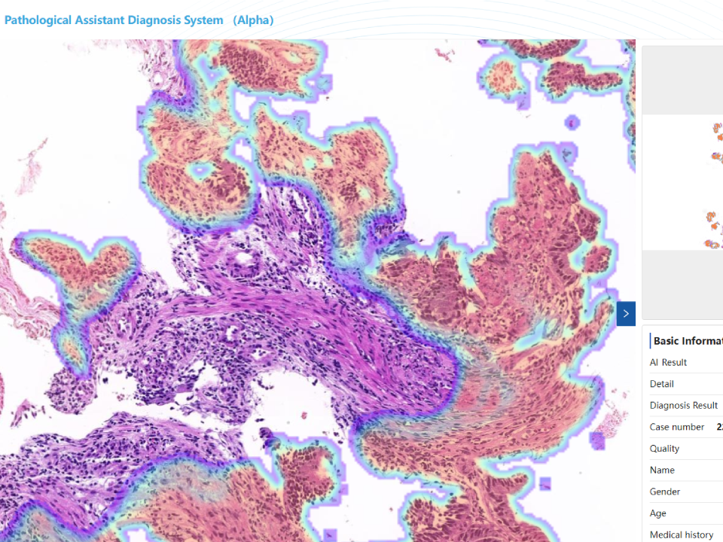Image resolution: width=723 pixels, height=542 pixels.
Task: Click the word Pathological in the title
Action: (38, 20)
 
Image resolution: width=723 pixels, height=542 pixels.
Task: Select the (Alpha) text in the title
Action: (253, 20)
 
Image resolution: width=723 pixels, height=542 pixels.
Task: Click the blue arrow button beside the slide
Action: (626, 313)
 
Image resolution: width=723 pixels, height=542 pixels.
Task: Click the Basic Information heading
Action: (688, 341)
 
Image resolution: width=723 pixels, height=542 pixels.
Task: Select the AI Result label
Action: (668, 362)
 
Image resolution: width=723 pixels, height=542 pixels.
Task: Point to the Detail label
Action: (661, 384)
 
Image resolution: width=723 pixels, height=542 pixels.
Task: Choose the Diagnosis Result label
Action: (683, 405)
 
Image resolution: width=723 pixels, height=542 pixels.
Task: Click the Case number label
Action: (677, 427)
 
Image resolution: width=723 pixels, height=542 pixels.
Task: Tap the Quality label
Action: (664, 449)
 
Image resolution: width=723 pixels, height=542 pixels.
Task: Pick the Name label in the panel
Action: (662, 470)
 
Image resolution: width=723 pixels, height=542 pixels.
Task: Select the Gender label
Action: (664, 492)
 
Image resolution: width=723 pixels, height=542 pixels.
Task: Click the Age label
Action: (658, 513)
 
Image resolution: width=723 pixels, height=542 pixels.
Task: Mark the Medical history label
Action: (682, 534)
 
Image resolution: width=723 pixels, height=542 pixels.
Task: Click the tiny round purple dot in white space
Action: (572, 121)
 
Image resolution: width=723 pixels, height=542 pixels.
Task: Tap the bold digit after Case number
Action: (719, 427)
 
